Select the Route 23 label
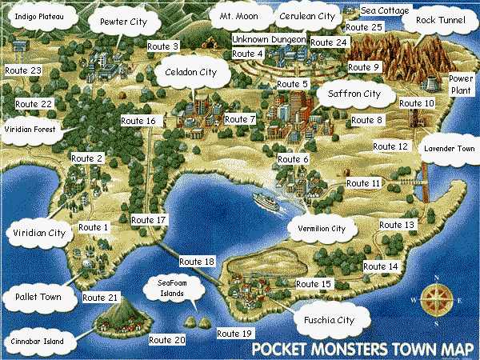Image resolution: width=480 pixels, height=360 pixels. (x=22, y=71)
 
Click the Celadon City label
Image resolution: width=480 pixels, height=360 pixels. (x=190, y=72)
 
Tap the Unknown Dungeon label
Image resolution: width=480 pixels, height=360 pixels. (x=269, y=39)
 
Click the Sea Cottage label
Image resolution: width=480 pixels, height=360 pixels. (x=385, y=10)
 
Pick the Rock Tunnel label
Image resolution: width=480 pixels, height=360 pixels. (x=440, y=22)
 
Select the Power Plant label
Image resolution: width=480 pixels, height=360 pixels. (x=461, y=85)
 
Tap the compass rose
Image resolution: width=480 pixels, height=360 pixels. (x=436, y=302)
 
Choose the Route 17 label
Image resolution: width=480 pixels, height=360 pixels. (x=149, y=219)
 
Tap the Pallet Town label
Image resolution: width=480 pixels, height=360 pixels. (x=38, y=297)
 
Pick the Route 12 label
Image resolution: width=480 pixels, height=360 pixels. (x=390, y=147)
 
